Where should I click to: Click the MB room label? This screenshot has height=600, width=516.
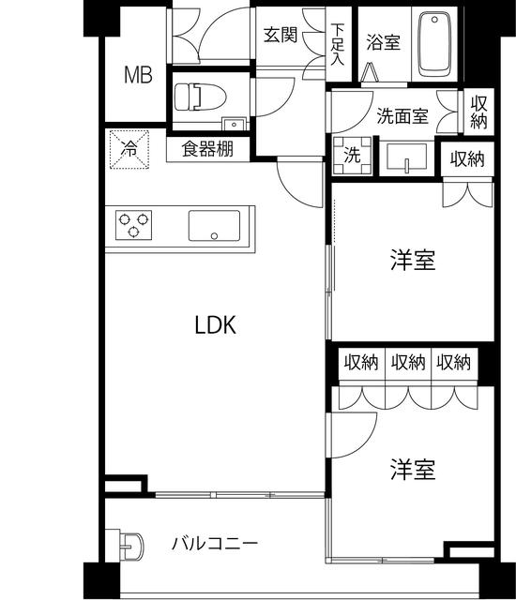tap(138, 75)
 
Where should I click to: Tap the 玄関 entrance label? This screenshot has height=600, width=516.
tap(281, 35)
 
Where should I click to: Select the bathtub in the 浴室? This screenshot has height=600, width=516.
tap(434, 44)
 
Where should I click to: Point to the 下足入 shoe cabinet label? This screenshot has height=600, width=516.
tap(337, 44)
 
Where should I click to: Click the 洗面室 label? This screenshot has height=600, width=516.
tap(402, 115)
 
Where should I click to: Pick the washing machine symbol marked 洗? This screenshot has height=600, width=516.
tap(352, 156)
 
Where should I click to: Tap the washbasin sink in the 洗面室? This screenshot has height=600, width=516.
tap(406, 157)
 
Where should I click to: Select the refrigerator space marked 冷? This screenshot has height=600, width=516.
tap(129, 149)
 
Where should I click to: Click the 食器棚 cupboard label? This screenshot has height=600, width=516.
tap(207, 148)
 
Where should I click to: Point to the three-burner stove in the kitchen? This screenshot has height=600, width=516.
tap(133, 225)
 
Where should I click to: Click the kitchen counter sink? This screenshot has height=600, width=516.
tap(214, 226)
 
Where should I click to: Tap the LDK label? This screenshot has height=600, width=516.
tap(216, 325)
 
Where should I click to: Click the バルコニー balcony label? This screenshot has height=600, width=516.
tap(215, 544)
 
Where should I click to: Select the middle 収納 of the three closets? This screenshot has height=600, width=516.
tap(408, 362)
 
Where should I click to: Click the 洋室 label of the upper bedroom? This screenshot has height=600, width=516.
tap(413, 261)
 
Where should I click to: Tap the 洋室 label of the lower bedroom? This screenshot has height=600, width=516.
tap(413, 470)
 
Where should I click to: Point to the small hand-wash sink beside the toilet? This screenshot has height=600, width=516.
tap(234, 124)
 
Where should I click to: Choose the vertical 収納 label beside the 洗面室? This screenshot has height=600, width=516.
tap(478, 112)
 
